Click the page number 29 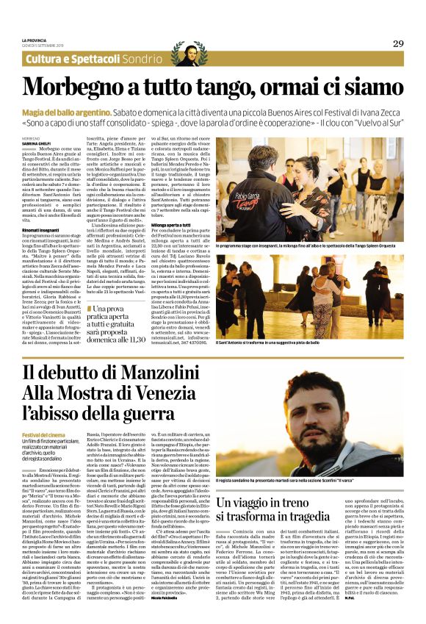[x=397, y=43]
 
